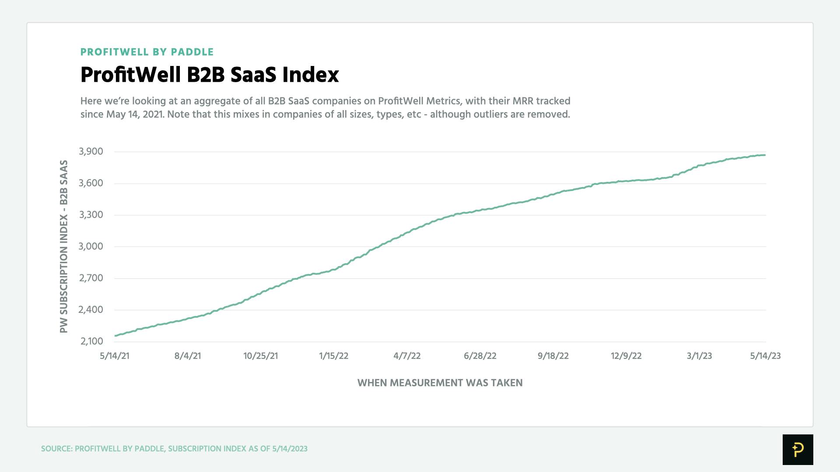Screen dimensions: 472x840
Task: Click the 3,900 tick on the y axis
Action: click(91, 152)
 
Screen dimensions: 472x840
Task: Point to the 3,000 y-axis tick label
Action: click(91, 246)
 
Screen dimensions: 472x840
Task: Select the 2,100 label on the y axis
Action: click(91, 341)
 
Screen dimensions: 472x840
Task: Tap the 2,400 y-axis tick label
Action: click(91, 310)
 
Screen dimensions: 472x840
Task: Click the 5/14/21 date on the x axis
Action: click(115, 356)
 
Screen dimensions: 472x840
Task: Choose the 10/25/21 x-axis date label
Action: click(261, 356)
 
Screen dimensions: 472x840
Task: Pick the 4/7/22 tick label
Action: click(407, 356)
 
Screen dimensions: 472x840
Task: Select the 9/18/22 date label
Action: click(553, 356)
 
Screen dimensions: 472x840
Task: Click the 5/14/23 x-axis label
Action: click(765, 356)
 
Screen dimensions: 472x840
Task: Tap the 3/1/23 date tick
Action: click(699, 356)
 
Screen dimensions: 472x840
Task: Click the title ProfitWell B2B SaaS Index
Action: click(210, 75)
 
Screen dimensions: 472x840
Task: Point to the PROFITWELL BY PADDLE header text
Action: click(147, 52)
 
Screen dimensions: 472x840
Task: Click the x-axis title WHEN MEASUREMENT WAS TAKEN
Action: click(440, 383)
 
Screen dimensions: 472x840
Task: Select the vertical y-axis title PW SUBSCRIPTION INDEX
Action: click(64, 246)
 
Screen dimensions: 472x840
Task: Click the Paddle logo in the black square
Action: click(798, 449)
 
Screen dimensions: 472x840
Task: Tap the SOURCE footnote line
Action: click(174, 449)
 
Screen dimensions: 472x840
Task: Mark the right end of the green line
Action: click(765, 155)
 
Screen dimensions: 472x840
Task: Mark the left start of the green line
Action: click(115, 336)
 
